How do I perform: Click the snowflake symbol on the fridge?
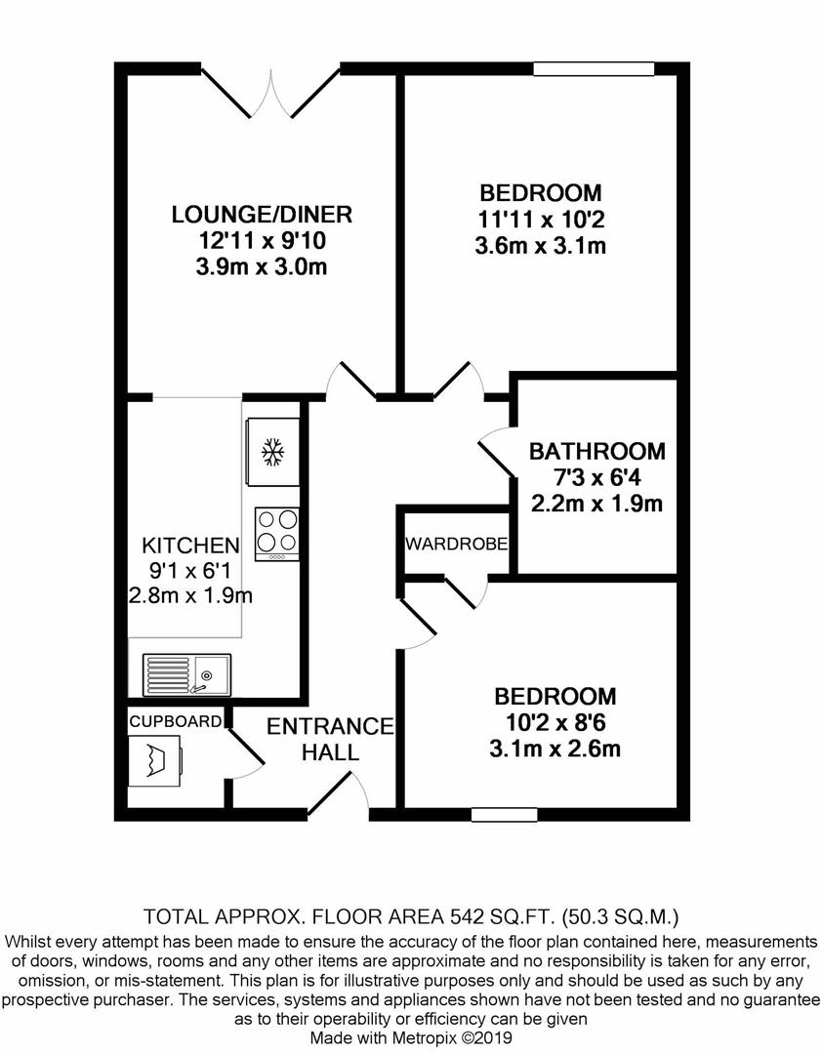click(272, 453)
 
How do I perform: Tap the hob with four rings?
click(277, 535)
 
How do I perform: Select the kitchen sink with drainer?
click(186, 675)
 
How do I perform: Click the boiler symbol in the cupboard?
click(154, 760)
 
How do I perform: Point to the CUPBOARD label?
click(175, 722)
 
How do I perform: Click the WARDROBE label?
click(456, 544)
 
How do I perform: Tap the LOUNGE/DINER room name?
click(262, 215)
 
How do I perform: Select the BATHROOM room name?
click(597, 451)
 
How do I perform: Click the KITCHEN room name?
click(190, 545)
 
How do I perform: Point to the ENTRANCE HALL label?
click(330, 739)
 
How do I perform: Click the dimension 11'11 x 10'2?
click(541, 220)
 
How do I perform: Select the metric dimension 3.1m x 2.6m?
click(555, 749)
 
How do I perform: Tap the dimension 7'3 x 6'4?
click(597, 477)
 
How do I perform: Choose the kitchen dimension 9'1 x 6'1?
click(189, 571)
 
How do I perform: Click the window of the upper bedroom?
click(594, 68)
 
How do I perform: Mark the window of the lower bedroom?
click(505, 815)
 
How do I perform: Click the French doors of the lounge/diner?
click(271, 93)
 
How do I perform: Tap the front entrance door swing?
click(339, 795)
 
